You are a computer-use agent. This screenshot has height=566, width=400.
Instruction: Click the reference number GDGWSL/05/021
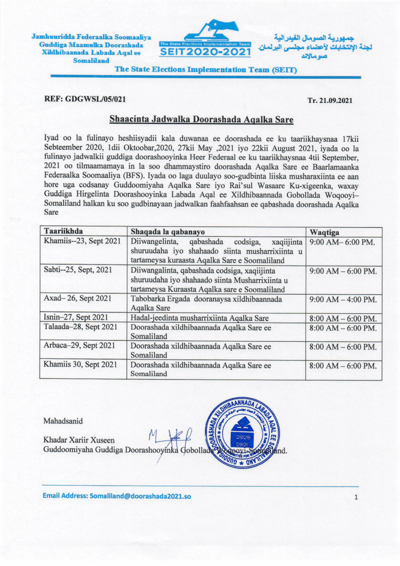tap(85, 100)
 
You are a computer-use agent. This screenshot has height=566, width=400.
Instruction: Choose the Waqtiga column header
tap(325, 232)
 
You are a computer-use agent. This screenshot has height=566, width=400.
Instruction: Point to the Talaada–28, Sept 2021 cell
tap(79, 327)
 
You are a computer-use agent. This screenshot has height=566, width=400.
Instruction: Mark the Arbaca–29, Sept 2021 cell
tap(79, 346)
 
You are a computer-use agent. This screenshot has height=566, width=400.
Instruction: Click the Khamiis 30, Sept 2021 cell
tap(80, 365)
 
